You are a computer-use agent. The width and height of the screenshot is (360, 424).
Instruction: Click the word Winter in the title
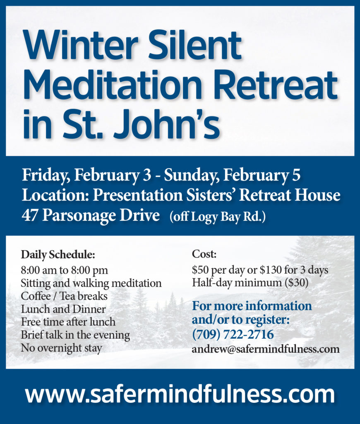pos(81,45)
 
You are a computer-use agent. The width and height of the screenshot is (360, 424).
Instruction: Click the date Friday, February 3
pos(86,175)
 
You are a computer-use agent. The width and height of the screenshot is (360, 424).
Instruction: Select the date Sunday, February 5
pos(232,175)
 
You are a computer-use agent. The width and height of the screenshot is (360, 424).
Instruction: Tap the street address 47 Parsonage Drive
pos(91,215)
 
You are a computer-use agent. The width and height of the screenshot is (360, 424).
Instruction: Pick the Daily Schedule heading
pos(58,255)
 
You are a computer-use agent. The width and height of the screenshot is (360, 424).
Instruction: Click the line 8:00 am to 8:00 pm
pos(64,270)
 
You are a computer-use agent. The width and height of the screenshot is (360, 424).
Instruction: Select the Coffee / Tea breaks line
pos(64,296)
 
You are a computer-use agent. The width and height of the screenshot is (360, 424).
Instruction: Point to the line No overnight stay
pos(61,348)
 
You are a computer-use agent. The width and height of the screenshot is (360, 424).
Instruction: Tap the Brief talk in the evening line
pos(75,335)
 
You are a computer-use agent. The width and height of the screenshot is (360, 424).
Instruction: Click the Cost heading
pos(204,254)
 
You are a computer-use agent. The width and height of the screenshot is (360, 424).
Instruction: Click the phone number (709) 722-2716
pos(233,335)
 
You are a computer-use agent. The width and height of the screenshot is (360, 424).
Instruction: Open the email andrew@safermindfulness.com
pos(266,349)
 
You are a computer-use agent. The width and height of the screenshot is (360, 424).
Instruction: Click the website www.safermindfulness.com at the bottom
pos(180,395)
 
